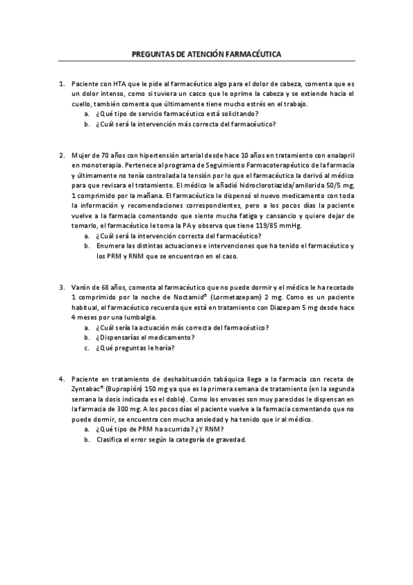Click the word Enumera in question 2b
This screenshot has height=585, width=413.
pyautogui.click(x=112, y=246)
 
